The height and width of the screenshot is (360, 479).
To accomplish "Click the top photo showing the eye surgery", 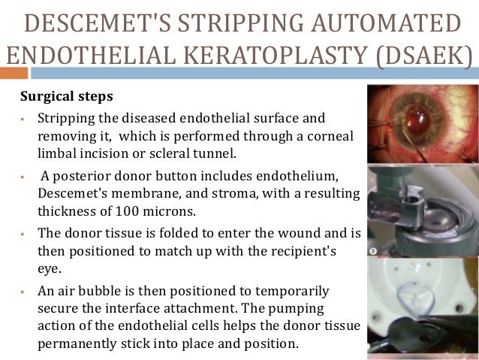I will point(423,124).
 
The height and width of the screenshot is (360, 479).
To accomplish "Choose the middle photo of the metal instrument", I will point(423,210).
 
